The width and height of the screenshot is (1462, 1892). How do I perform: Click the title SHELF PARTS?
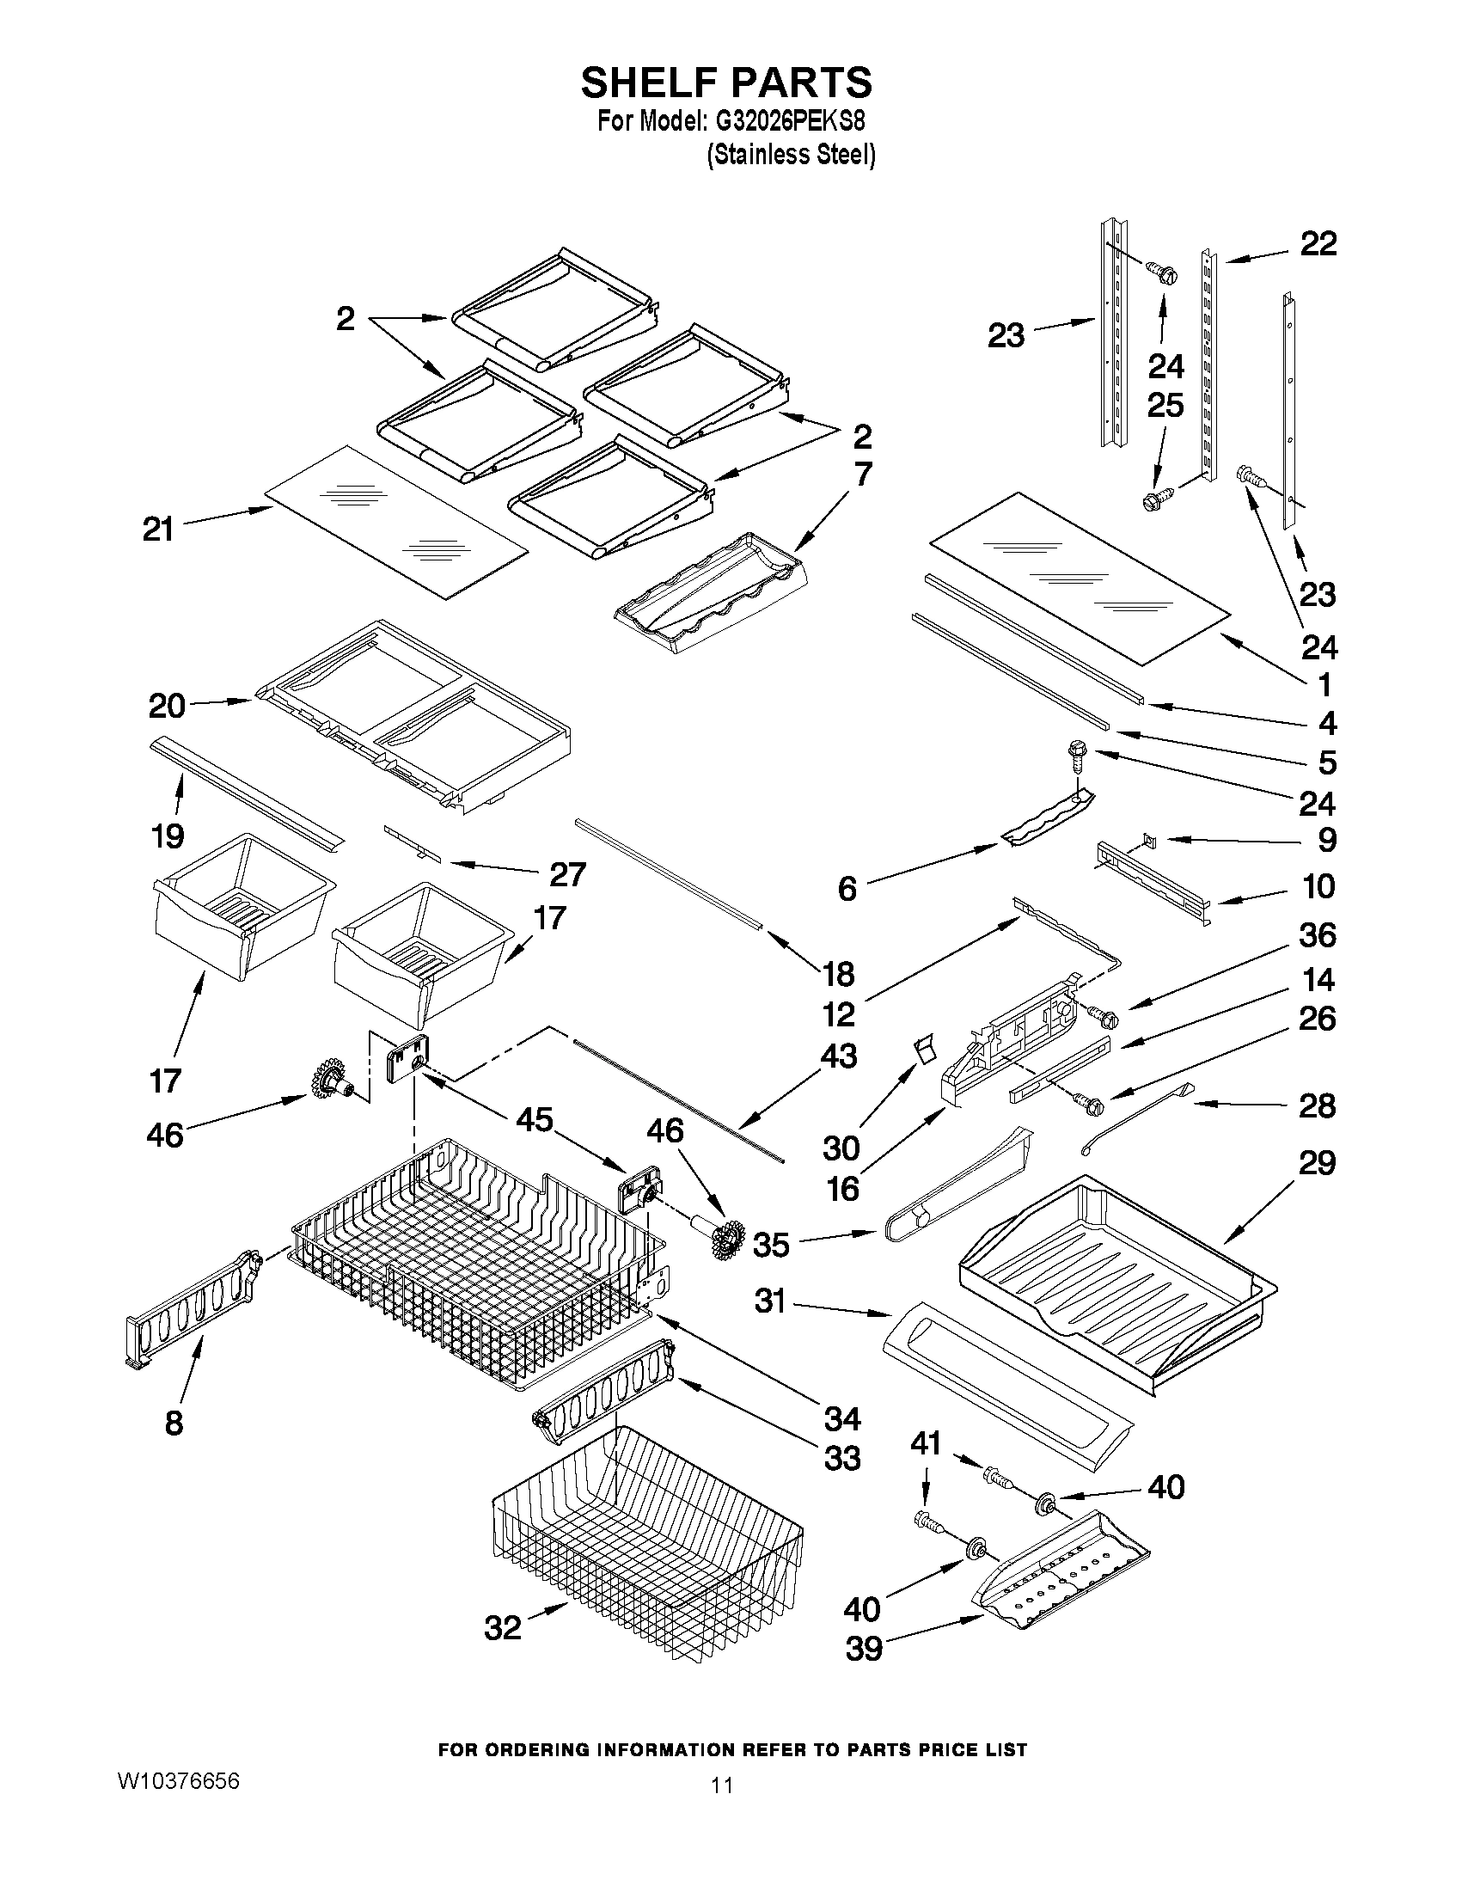(725, 84)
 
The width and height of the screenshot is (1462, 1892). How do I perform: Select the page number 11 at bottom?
(721, 1809)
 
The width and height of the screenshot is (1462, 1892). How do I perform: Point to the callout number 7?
(863, 475)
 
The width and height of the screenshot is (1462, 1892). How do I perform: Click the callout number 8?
(174, 1423)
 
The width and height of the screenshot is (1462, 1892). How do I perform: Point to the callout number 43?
(837, 1056)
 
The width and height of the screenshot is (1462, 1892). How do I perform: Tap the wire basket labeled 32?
(645, 1542)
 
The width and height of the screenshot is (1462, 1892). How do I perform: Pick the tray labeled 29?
(1117, 1273)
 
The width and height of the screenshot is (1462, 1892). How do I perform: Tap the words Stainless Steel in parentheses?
(791, 156)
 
